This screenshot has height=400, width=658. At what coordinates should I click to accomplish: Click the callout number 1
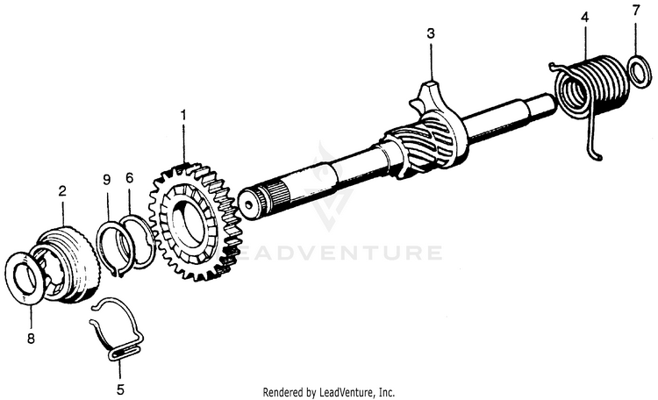click(x=183, y=115)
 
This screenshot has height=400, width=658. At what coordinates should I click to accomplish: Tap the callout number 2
click(x=62, y=189)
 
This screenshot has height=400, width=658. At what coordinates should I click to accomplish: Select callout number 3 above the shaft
click(x=431, y=34)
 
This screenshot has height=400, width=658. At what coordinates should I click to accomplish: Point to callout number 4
click(x=585, y=16)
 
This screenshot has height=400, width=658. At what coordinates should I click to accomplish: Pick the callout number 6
click(x=129, y=177)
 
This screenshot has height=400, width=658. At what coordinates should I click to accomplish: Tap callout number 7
click(x=637, y=12)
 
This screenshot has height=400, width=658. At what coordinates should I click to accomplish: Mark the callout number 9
click(x=106, y=179)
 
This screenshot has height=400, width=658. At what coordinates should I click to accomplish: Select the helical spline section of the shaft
click(x=422, y=150)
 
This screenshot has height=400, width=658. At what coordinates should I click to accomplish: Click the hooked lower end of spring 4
click(x=598, y=156)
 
